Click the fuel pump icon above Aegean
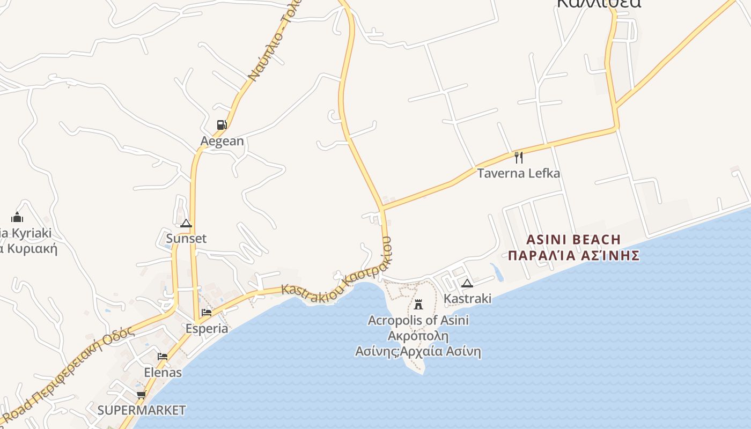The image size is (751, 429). click(222, 125)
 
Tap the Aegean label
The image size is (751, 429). click(222, 141)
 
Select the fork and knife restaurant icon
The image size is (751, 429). click(518, 157)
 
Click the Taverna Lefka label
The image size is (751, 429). click(519, 173)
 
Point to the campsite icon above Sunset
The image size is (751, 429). click(186, 223)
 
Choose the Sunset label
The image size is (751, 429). click(186, 239)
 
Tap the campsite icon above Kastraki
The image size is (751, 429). click(467, 283)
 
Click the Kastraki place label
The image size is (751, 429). click(468, 298)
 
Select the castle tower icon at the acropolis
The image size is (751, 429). click(418, 305)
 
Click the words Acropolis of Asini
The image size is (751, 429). click(418, 321)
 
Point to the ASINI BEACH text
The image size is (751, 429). click(573, 239)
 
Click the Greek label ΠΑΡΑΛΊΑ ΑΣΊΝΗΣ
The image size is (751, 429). click(573, 255)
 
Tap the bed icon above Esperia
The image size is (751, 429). click(207, 313)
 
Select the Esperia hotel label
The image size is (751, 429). click(207, 328)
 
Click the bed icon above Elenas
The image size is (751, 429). click(163, 357)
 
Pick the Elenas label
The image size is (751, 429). click(163, 372)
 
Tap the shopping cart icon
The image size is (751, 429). click(141, 395)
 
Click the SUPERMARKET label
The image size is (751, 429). click(142, 411)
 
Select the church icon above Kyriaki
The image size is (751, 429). click(17, 217)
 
